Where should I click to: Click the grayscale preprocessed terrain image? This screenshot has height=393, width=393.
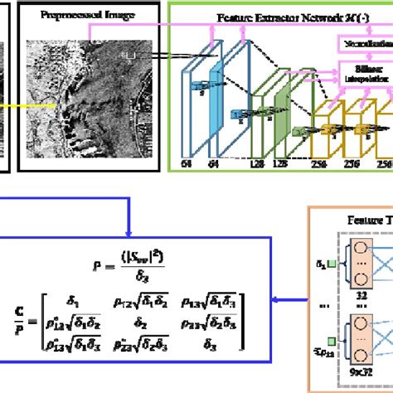tap(82, 91)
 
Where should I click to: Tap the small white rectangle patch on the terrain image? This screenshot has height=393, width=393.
tap(128, 55)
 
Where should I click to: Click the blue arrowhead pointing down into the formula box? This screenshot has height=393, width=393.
tap(128, 231)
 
